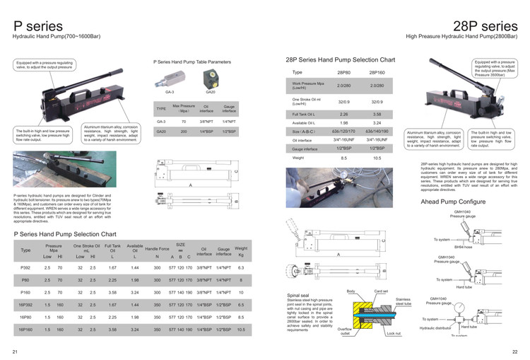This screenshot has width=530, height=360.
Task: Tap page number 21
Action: (14, 352)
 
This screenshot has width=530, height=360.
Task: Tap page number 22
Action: (514, 352)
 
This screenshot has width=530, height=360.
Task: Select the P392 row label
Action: (25, 268)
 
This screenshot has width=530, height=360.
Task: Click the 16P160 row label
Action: (25, 329)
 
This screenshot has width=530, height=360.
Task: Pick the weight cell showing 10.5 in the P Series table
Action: (241, 329)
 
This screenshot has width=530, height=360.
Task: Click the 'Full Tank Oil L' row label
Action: (305, 113)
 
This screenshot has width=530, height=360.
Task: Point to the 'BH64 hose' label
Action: (463, 247)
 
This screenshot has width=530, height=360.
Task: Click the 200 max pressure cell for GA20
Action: (184, 132)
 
